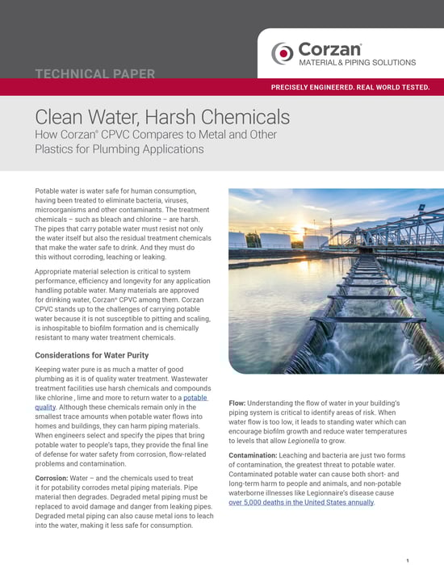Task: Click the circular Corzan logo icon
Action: [282, 52]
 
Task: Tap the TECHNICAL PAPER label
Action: [95, 74]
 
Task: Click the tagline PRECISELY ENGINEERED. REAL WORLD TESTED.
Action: [350, 87]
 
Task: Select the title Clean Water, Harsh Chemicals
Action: [162, 117]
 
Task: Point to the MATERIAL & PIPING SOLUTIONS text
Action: [358, 62]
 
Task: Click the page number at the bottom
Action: [408, 559]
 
